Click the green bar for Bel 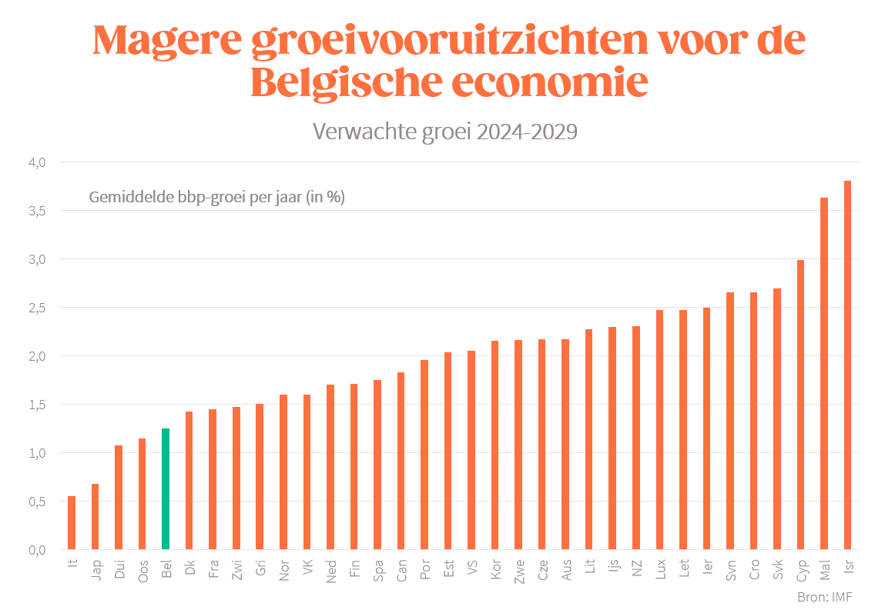(166, 489)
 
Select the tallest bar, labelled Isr (847, 365)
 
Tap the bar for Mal (824, 374)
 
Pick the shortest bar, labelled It (72, 523)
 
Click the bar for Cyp (800, 405)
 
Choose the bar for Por (424, 455)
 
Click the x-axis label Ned (330, 572)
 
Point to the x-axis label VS (471, 568)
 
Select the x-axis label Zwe (518, 572)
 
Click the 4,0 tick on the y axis (38, 162)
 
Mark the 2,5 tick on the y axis (38, 308)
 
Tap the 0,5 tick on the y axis (38, 502)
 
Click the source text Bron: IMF (825, 596)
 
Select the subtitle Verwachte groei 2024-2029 (445, 132)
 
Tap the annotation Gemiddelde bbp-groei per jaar (216, 197)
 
